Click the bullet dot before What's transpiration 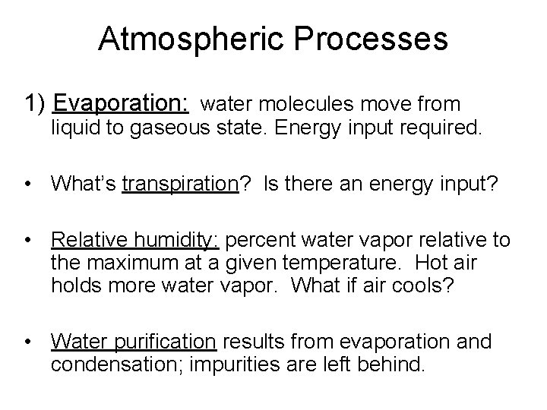tap(29, 184)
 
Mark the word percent tap(259, 241)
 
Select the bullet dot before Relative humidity tap(29, 241)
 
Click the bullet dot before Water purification tap(29, 342)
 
